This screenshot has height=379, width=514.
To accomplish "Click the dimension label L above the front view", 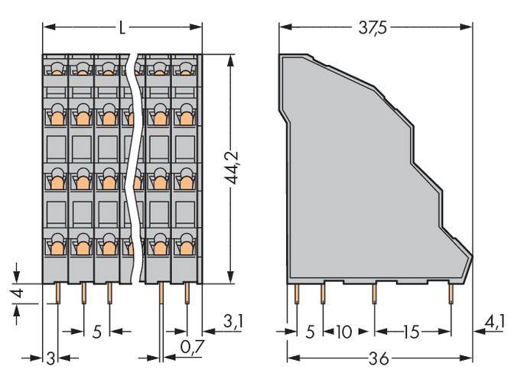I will pyautogui.click(x=122, y=28).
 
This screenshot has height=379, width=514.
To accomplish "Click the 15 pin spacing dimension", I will pyautogui.click(x=412, y=332).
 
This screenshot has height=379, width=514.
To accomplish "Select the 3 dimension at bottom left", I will pyautogui.click(x=50, y=358).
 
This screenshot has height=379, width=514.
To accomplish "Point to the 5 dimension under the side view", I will pyautogui.click(x=310, y=332).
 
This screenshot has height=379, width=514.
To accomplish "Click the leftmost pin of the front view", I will pyautogui.click(x=57, y=293).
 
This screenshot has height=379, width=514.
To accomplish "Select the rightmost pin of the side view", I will pyautogui.click(x=451, y=293).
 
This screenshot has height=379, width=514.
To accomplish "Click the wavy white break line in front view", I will pyautogui.click(x=135, y=168).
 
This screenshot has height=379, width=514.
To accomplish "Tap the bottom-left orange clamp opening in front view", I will pyautogui.click(x=57, y=246).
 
